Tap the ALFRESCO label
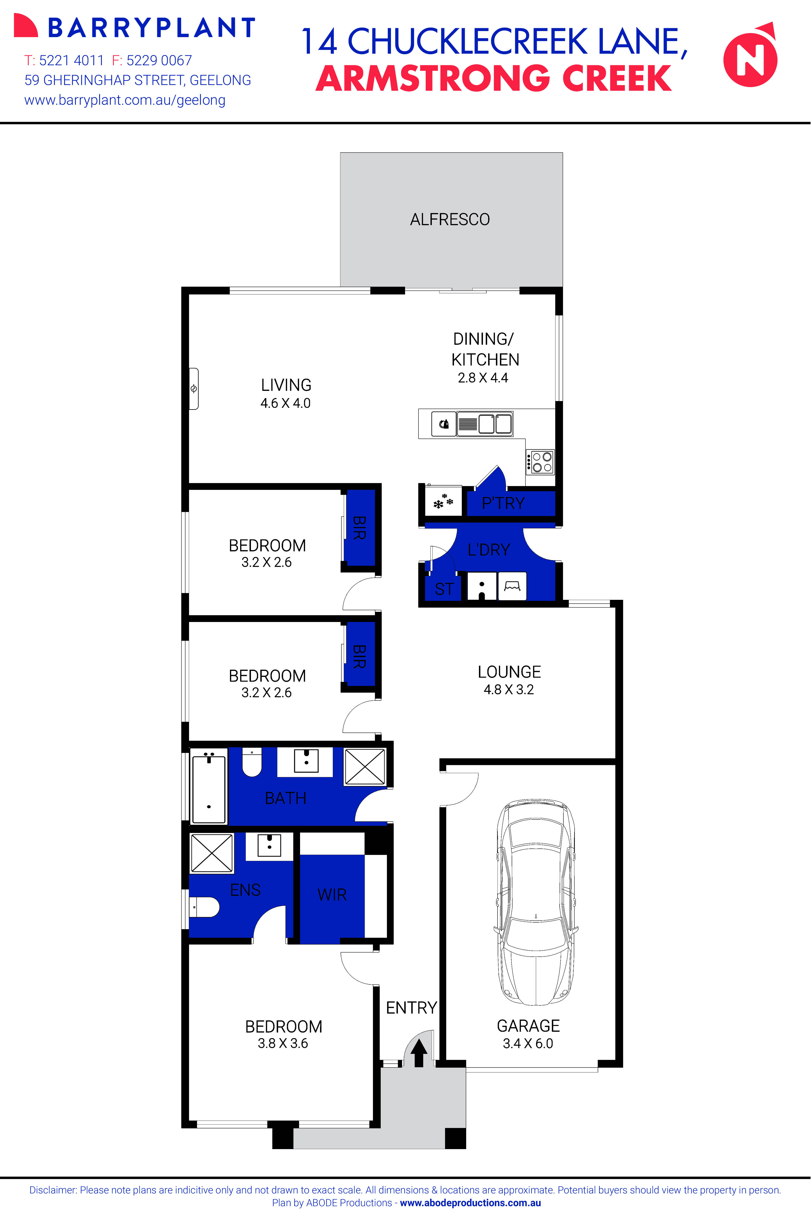[x=450, y=220]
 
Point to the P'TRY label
[x=503, y=503]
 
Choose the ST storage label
[x=444, y=589]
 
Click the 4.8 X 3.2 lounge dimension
[x=508, y=690]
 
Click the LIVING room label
[x=286, y=385]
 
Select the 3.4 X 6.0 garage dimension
[x=528, y=1043]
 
